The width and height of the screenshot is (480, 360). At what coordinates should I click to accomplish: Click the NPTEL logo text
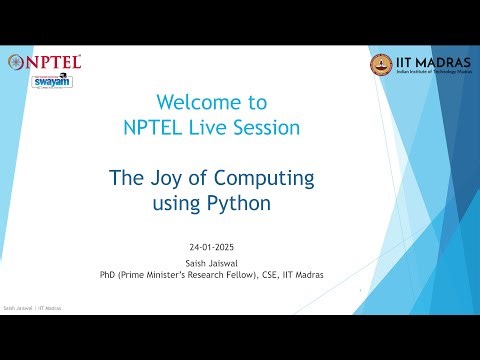(51, 62)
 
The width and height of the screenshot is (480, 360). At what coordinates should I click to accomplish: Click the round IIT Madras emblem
(381, 64)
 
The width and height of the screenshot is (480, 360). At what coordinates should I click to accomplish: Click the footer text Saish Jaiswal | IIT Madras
(33, 309)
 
